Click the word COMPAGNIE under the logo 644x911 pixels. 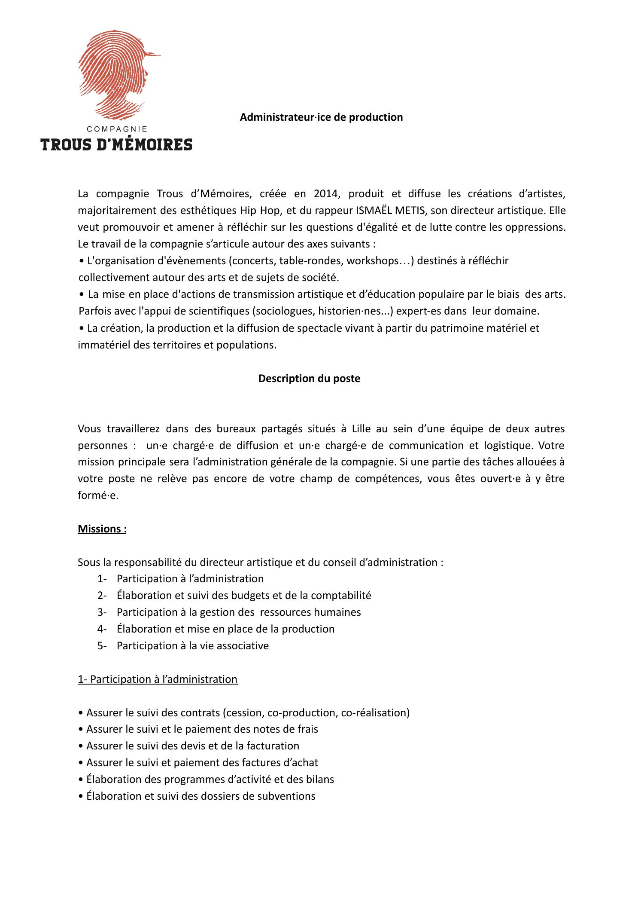coord(117,128)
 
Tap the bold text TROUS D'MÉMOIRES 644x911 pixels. coord(116,145)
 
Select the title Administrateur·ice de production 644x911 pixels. coord(321,117)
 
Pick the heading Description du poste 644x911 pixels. coord(309,379)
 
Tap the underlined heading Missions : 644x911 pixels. coord(102,529)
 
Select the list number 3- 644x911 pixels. coord(102,612)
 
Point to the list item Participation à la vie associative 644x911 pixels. coord(193,645)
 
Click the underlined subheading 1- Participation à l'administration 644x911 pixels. coord(158,679)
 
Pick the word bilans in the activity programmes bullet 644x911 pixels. coord(319,779)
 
